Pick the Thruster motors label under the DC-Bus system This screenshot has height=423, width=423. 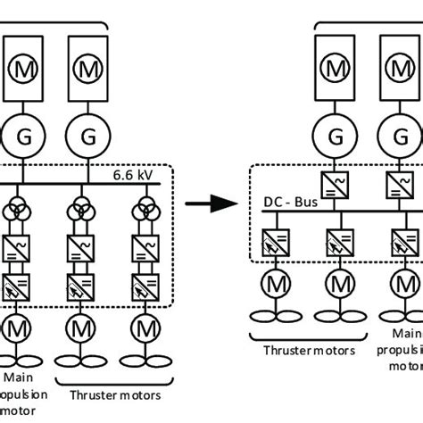[309, 351]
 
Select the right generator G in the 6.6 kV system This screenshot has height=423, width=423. [87, 137]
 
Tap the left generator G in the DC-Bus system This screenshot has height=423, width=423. [336, 137]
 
